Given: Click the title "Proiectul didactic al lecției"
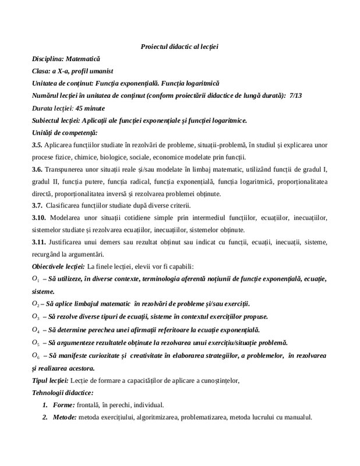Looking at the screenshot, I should point(179,46).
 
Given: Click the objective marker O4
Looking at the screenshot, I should point(36,329).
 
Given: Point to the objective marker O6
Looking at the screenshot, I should point(36,355).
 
